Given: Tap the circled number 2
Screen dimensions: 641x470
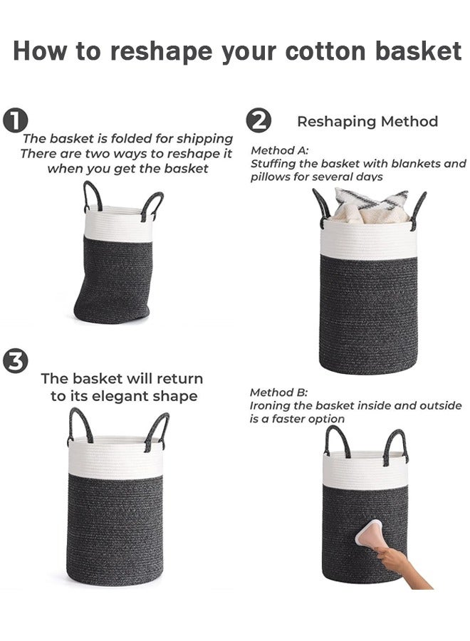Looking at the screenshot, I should (258, 121).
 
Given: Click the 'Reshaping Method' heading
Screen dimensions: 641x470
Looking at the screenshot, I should (367, 122).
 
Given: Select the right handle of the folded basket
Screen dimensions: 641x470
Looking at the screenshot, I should (152, 205).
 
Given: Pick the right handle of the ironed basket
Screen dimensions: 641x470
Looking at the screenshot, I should (397, 447).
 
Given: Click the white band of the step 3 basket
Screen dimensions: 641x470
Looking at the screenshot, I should (115, 459).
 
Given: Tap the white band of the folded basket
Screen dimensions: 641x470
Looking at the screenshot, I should (117, 224).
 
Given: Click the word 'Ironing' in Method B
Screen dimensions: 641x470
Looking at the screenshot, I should (271, 406).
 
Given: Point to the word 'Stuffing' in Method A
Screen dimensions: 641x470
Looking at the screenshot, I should (273, 164).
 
